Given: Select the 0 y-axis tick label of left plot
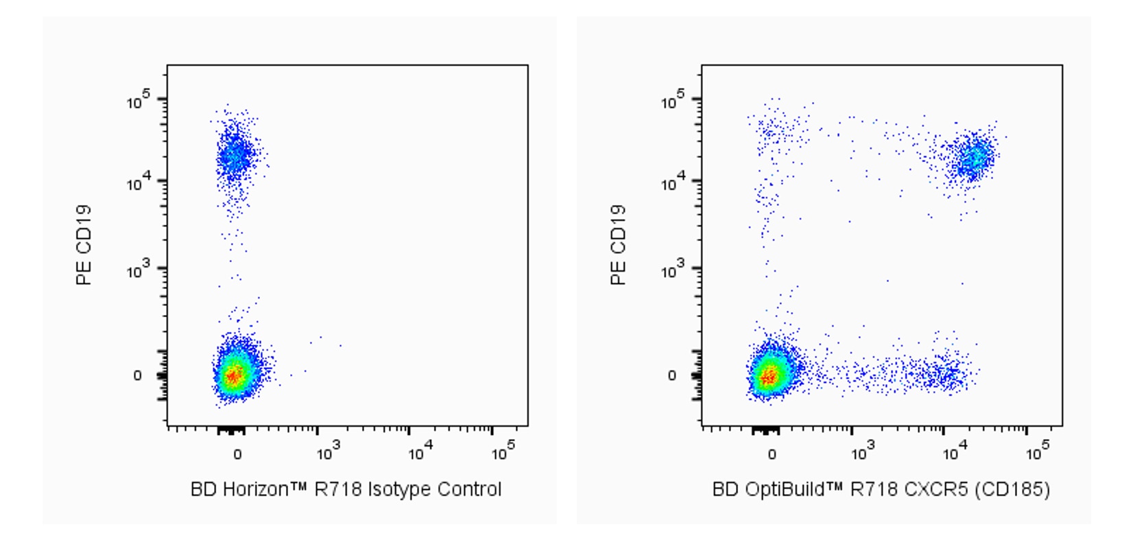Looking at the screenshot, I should point(137,375).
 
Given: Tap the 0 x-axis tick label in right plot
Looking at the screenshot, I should point(772,454).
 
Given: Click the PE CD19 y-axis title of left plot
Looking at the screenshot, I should point(84,245).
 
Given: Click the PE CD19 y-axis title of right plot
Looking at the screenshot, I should point(618,245).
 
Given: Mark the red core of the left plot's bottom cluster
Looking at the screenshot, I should point(234,375).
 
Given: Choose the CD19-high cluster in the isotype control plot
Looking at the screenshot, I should point(235,155).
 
